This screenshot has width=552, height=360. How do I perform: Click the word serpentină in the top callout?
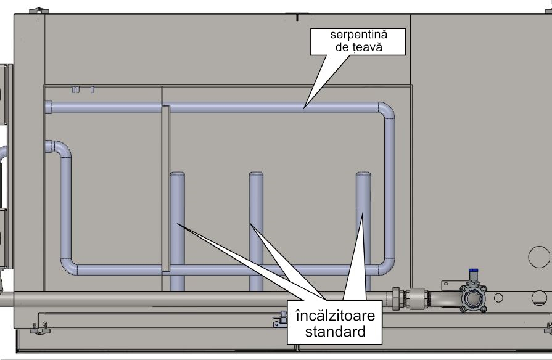pyautogui.click(x=358, y=35)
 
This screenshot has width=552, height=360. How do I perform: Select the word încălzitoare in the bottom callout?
pyautogui.click(x=335, y=316)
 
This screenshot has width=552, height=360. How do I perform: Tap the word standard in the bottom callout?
pyautogui.click(x=335, y=332)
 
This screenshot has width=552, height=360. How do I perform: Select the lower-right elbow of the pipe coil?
pyautogui.click(x=388, y=268)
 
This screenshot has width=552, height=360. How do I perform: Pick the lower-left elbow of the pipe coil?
pyautogui.click(x=68, y=268)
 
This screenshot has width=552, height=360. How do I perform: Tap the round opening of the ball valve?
pyautogui.click(x=474, y=298)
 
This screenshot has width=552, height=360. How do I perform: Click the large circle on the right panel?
pyautogui.click(x=538, y=256)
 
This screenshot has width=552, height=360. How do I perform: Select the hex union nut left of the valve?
pyautogui.click(x=396, y=298)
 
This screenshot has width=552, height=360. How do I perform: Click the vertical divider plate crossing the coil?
pyautogui.click(x=166, y=188)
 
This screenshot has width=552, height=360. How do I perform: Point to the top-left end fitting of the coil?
pyautogui.click(x=49, y=107)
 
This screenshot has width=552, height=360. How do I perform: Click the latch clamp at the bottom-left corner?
pyautogui.click(x=39, y=329)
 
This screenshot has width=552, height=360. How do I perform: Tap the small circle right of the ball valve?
pyautogui.click(x=498, y=298)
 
